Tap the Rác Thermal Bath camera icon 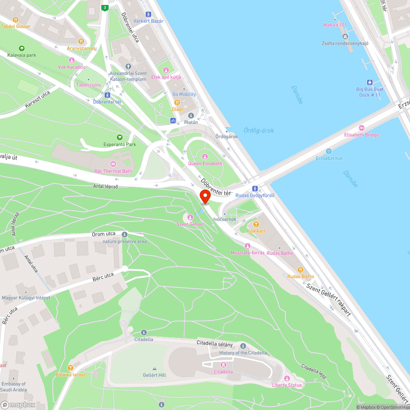pos(113,164)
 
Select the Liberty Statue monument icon pos(287,378)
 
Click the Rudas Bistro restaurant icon pos(301,269)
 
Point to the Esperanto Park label pos(120,144)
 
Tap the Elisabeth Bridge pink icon pos(361,128)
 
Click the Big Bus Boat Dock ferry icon pos(369,82)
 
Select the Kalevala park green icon pos(21,48)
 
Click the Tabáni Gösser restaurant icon pos(16,19)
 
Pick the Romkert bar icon pos(256,224)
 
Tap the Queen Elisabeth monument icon pos(205,157)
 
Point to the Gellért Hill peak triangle pos(154,369)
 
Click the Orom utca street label pos(105,234)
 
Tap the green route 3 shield pos(105,8)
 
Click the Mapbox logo pos(18,405)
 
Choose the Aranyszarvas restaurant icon pos(81,41)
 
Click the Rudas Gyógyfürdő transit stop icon pos(255,188)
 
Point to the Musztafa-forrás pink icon pos(247,246)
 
